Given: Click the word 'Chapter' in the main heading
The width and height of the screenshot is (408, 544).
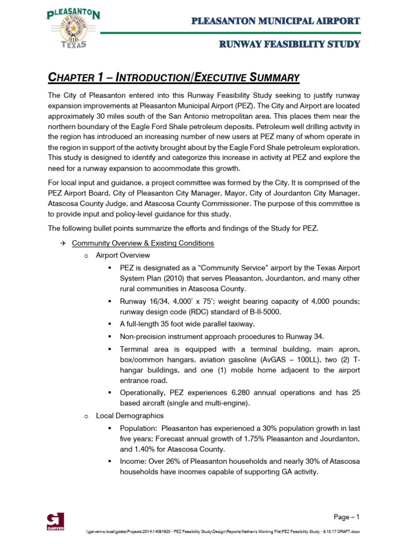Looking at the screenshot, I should (x=68, y=78).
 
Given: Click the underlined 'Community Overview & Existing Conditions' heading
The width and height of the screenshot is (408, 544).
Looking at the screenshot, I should (x=143, y=243).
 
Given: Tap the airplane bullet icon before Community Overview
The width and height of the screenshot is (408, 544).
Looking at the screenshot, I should (x=62, y=243).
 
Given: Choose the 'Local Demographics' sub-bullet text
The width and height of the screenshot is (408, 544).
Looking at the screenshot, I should (x=130, y=415).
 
